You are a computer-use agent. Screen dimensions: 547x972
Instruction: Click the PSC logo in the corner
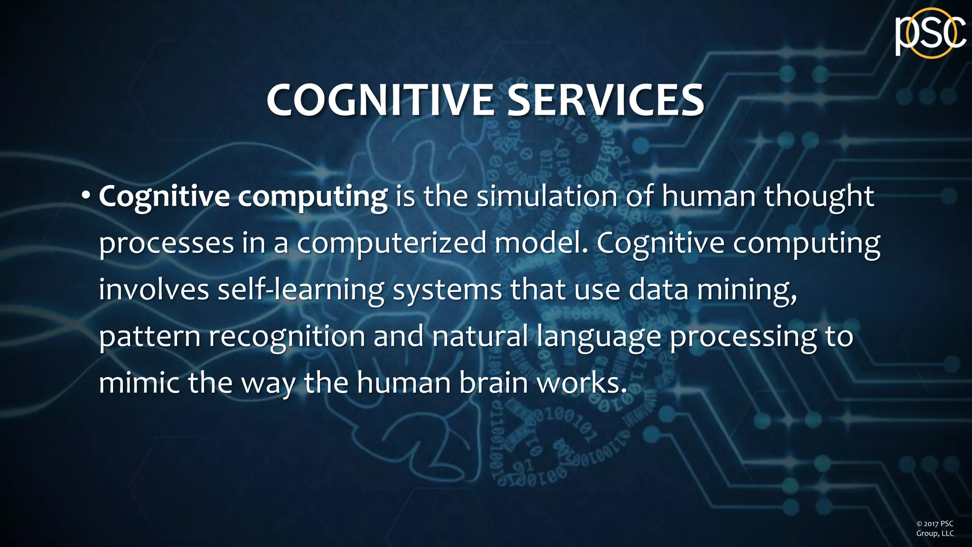930,33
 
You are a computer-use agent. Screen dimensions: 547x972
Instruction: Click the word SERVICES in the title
606,100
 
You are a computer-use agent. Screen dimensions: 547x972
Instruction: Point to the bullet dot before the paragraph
85,196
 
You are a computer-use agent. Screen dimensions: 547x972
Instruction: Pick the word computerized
392,243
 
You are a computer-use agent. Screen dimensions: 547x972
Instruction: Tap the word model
541,243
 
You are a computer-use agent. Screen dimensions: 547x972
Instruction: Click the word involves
154,289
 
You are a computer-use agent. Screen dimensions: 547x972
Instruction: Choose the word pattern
150,336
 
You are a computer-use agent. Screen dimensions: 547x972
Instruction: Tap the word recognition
287,336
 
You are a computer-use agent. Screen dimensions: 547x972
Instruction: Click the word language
599,337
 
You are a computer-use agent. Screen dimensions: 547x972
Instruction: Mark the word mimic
139,382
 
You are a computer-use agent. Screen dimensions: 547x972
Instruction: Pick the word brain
494,382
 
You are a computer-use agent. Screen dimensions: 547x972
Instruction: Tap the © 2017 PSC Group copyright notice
935,528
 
